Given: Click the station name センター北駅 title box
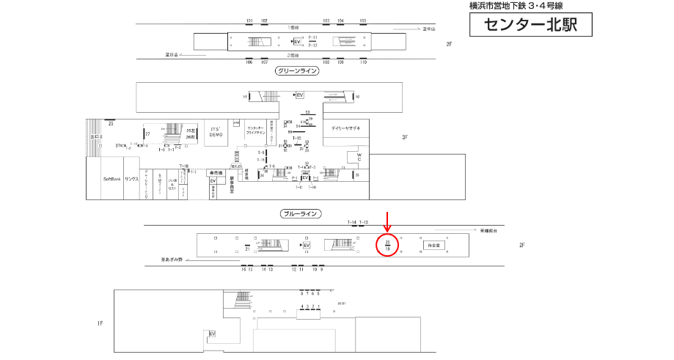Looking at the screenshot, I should coord(530,26).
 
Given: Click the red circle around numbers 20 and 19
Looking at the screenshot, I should coord(387,245).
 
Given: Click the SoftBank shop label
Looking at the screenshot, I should coord(111,179).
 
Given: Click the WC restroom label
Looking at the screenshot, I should coord(359,158).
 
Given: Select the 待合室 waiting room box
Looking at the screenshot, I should coord(433,246).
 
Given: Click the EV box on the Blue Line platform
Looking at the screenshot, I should coord(307,245).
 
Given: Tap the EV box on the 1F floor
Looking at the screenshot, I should coord(212,334).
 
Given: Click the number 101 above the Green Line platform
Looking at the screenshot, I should coord(249,21).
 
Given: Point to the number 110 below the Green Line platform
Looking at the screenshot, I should coord(362,62).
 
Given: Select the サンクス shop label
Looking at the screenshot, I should coord(132,179).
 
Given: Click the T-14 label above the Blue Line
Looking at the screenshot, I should coord(351,222).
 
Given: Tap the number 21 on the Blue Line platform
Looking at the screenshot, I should coord(248,249).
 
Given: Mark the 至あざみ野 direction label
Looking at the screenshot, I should coord(173,259).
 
